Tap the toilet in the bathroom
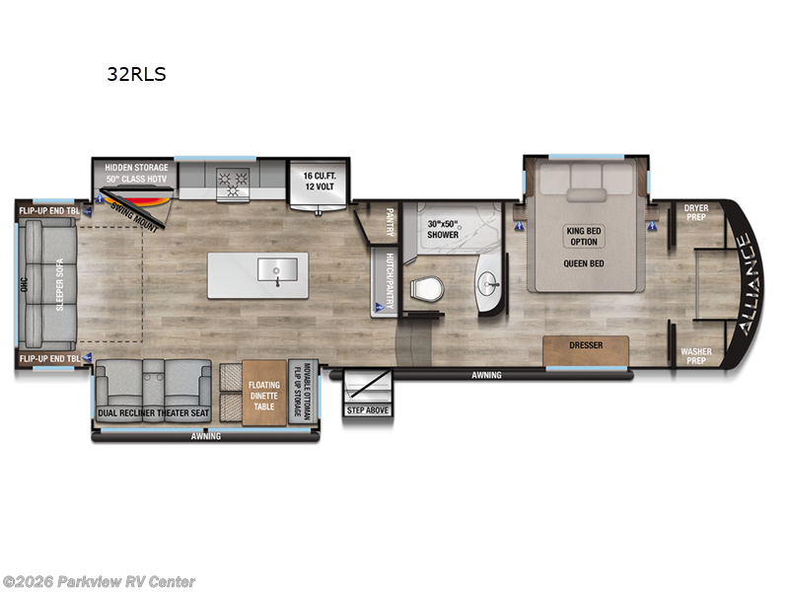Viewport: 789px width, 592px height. [x=426, y=289]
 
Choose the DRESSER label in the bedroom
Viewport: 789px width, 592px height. [x=586, y=346]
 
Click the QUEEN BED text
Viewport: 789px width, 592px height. [x=584, y=263]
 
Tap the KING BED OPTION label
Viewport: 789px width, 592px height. [x=584, y=237]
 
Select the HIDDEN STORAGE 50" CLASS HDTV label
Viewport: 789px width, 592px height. [x=136, y=173]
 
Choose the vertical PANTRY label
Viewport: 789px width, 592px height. [x=390, y=221]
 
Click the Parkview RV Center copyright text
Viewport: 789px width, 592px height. [x=99, y=582]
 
